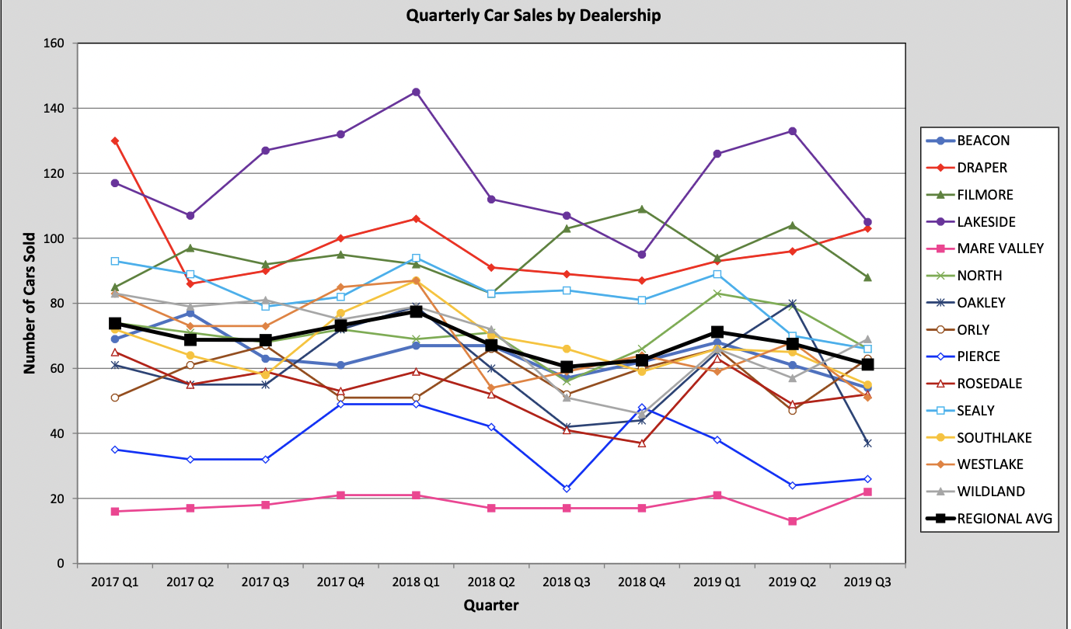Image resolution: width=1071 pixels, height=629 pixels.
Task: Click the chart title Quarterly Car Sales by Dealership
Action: point(533,15)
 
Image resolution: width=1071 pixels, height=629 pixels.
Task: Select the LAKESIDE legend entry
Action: point(986,222)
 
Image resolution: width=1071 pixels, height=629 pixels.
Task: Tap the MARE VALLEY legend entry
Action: point(1000,248)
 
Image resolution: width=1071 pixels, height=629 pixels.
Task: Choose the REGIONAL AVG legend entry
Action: point(1005,519)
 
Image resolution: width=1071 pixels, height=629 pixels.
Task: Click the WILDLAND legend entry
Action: point(991,492)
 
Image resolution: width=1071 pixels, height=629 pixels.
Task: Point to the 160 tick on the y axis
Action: point(55,43)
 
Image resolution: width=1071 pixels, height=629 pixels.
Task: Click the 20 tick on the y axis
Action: point(58,499)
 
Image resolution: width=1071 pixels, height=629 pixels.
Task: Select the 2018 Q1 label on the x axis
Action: point(416,582)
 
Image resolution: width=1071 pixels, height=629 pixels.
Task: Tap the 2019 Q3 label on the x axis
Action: point(867,582)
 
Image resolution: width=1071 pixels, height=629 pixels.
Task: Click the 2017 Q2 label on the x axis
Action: point(190,582)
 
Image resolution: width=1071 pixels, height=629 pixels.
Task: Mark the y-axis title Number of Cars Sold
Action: point(30,304)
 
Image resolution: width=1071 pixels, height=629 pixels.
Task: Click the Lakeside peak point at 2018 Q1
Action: point(416,92)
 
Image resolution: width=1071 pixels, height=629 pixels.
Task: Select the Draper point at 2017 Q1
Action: point(115,141)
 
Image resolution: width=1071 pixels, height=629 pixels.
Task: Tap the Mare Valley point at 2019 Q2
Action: point(792,521)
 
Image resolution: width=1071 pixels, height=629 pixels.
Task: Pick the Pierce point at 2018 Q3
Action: point(567,488)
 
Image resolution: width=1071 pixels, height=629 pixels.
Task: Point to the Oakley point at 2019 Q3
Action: point(867,443)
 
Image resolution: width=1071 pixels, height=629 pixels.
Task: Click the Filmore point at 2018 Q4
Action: point(642,209)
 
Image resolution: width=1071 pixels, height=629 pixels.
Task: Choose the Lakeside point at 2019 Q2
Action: point(792,131)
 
